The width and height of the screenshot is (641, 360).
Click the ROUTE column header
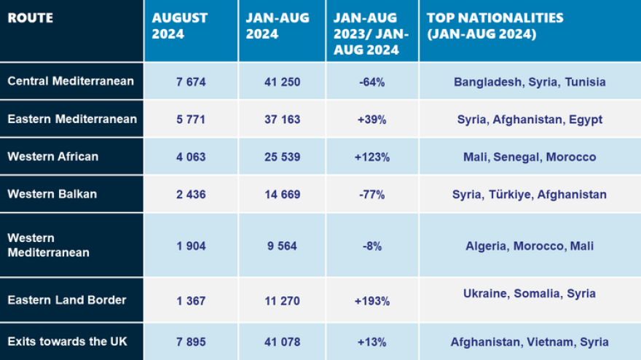tap(31, 18)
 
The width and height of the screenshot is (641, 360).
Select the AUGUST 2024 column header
tap(180, 26)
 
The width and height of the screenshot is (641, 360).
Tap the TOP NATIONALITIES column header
tap(495, 26)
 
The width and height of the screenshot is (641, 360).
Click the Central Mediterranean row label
tap(71, 82)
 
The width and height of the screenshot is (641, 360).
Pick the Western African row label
tap(52, 157)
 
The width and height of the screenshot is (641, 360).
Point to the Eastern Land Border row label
tap(67, 300)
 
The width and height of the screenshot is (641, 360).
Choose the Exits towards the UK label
tap(62, 342)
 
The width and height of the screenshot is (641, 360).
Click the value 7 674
tap(191, 82)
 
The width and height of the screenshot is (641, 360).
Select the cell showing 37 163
tap(283, 120)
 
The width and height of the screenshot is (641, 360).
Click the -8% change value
tap(372, 246)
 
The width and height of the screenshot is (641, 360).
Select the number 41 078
tap(283, 342)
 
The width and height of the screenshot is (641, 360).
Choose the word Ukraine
tap(485, 294)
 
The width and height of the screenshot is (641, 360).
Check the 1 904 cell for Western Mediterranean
tap(191, 246)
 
